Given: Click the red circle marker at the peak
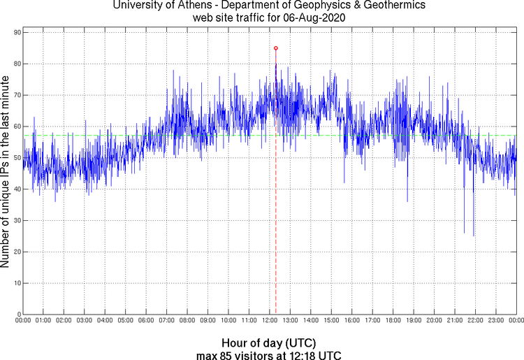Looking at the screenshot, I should pos(276,48).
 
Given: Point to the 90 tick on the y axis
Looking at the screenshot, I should pos(15,32).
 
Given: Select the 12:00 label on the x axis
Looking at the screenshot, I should pos(270,321).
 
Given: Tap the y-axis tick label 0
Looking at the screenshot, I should pos(17,315).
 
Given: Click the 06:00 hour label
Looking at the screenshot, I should pos(146,321).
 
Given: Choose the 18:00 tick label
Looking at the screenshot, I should pos(393,321).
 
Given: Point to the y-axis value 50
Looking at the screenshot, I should pos(15,158).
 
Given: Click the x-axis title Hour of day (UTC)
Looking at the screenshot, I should pos(269,343).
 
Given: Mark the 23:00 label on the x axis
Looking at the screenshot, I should pos(496,321).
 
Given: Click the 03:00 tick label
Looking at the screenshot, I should pos(85,321).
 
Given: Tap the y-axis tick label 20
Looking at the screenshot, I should pos(15,252).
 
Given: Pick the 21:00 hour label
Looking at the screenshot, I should pos(455,321).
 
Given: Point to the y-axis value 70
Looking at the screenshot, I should pos(15,95).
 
